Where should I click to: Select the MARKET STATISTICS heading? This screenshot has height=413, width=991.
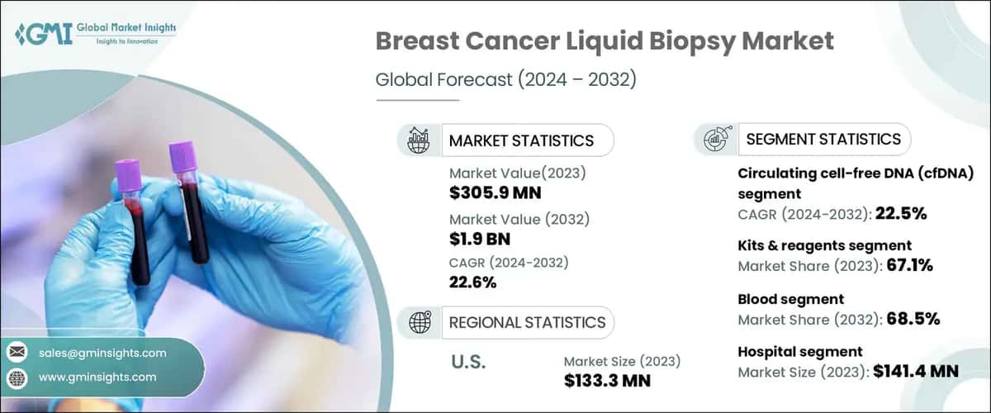click(x=520, y=140)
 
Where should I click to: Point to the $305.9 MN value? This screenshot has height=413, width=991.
click(x=499, y=192)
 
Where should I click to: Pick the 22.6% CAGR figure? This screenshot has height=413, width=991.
click(x=472, y=282)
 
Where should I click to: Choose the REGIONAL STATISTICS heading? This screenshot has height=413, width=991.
click(x=527, y=321)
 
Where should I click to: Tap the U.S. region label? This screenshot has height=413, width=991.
click(x=468, y=362)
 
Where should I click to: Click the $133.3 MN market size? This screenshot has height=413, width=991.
click(x=607, y=380)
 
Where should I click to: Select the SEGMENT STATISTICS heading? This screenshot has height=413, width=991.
click(x=823, y=139)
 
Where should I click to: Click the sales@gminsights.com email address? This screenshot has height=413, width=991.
click(x=102, y=353)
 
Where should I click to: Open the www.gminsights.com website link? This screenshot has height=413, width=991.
click(x=97, y=377)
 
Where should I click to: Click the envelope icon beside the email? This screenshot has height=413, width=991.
click(x=17, y=353)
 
